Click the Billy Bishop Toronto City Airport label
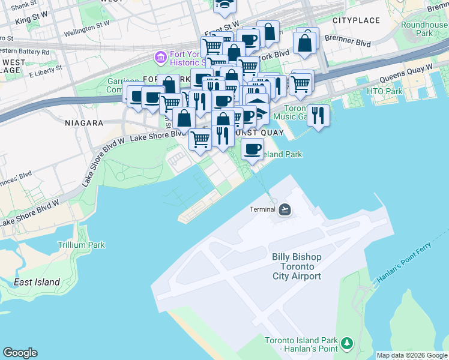coord(297,266)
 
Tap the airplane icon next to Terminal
coord(285,209)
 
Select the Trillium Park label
coord(81,245)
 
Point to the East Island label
coord(37,282)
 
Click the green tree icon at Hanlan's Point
coord(346,344)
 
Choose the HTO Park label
coord(384,91)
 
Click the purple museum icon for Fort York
coord(160,58)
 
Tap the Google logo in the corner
coord(20,353)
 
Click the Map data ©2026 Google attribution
coord(412,355)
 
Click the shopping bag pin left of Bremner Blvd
coord(305,43)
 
